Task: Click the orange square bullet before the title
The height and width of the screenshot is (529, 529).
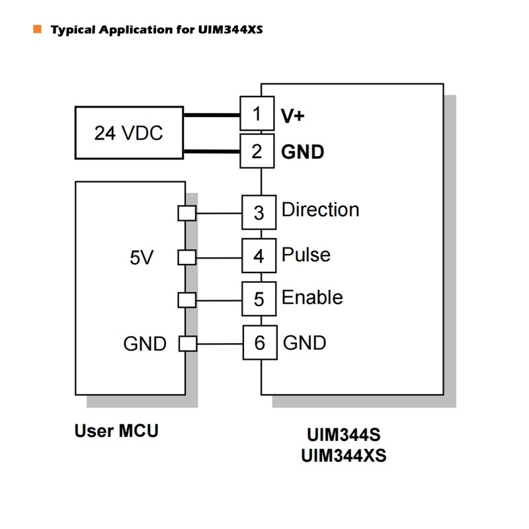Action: [37, 29]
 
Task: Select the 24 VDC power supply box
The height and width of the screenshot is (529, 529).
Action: [129, 133]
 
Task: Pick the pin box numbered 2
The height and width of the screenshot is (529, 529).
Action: [257, 151]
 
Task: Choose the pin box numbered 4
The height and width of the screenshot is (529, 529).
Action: [259, 256]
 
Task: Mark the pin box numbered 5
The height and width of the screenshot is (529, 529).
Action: [259, 300]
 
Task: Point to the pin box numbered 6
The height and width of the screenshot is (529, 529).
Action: [259, 343]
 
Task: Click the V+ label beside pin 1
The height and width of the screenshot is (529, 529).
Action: [293, 116]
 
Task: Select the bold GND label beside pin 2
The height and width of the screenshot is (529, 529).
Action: [303, 152]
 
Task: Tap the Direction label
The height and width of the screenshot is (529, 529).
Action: [320, 210]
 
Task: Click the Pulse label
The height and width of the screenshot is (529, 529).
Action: [305, 255]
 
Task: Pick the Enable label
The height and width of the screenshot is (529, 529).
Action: [312, 298]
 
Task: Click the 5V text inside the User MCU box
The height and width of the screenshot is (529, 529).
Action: [141, 258]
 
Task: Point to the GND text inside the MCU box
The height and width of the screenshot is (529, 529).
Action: [145, 344]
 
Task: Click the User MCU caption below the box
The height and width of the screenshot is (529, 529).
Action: [116, 431]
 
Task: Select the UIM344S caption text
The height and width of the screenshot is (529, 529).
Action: [343, 436]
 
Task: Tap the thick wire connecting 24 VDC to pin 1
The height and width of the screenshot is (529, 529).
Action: [212, 115]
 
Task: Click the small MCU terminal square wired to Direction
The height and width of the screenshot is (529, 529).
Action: [187, 214]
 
